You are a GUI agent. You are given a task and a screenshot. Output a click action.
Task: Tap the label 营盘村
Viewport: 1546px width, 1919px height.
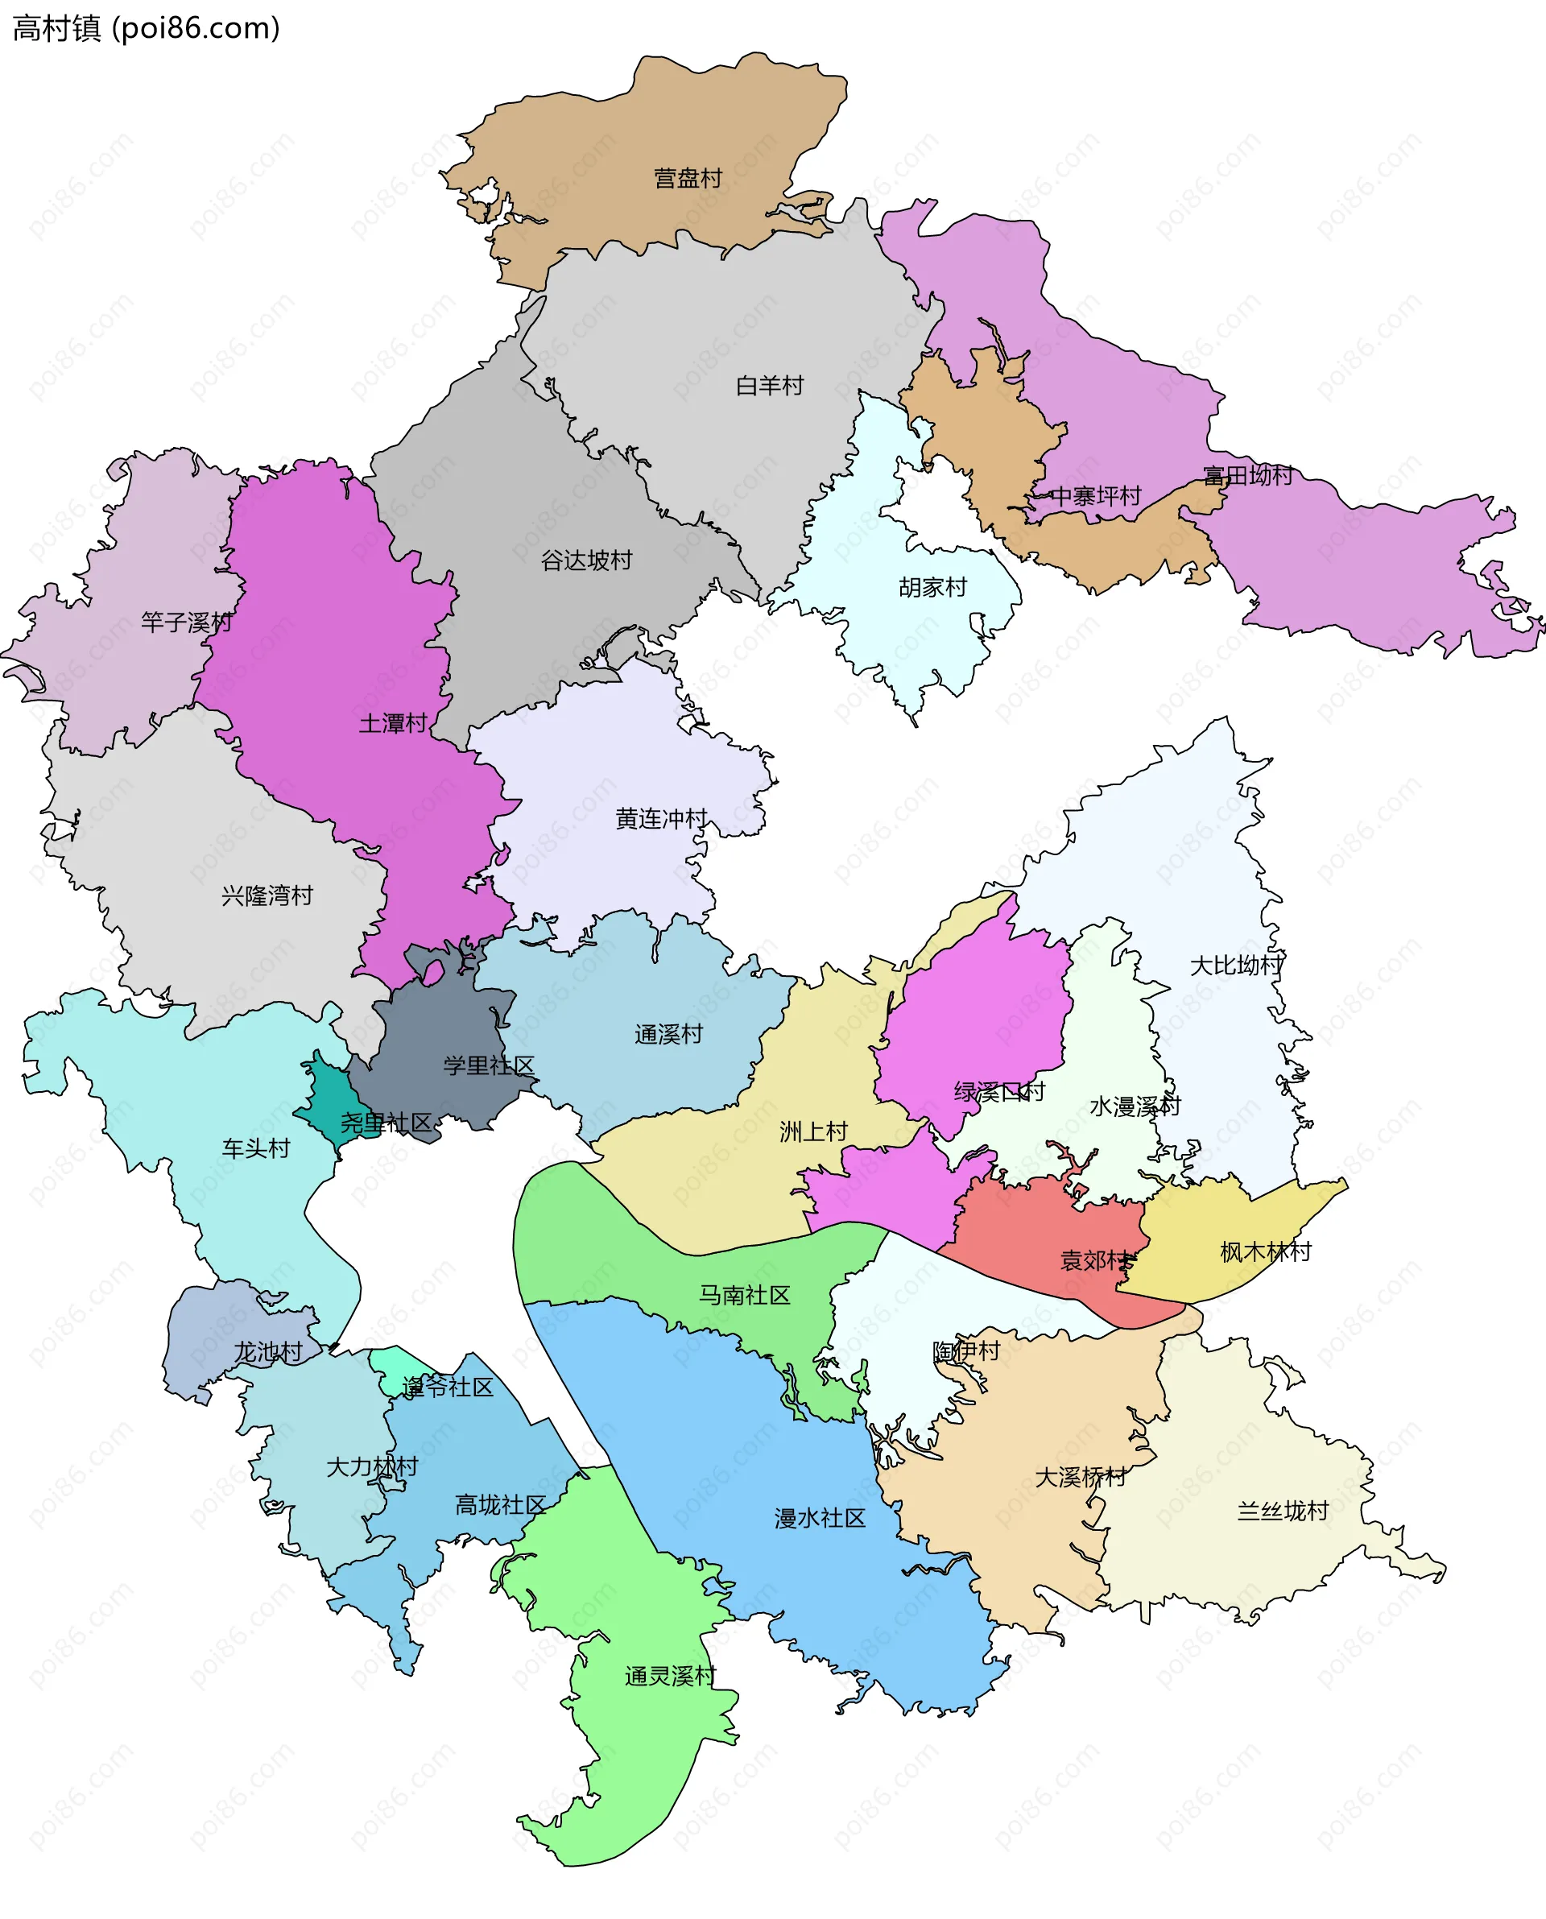pyautogui.click(x=688, y=178)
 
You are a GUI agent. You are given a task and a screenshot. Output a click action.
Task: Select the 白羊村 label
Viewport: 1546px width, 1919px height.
pyautogui.click(x=770, y=386)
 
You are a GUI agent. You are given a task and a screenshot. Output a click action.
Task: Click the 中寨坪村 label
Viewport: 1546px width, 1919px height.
pyautogui.click(x=1095, y=496)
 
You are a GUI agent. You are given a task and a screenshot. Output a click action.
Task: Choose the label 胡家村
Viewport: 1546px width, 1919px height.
pyautogui.click(x=932, y=588)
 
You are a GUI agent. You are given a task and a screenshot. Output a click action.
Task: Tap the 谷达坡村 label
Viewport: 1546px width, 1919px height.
pyautogui.click(x=586, y=560)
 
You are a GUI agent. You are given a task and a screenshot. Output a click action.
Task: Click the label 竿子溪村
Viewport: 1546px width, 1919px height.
pyautogui.click(x=186, y=622)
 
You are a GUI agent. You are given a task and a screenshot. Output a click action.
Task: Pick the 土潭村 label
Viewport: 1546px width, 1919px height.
pyautogui.click(x=393, y=723)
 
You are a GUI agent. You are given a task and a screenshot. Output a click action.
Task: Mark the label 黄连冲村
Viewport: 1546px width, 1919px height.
pyautogui.click(x=661, y=818)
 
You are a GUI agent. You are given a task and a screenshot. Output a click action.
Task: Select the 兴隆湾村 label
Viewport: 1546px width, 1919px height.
pyautogui.click(x=267, y=895)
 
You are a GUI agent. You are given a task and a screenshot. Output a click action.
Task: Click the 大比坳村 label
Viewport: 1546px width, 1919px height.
pyautogui.click(x=1236, y=966)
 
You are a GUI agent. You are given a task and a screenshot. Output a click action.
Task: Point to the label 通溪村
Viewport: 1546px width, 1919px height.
pyautogui.click(x=669, y=1034)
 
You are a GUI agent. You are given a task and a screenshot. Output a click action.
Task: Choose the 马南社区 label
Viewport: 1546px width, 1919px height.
pyautogui.click(x=745, y=1295)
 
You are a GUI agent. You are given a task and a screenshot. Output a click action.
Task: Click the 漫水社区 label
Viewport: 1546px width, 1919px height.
pyautogui.click(x=820, y=1518)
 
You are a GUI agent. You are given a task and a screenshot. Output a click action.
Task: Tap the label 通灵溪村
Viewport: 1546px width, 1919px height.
pyautogui.click(x=670, y=1676)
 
